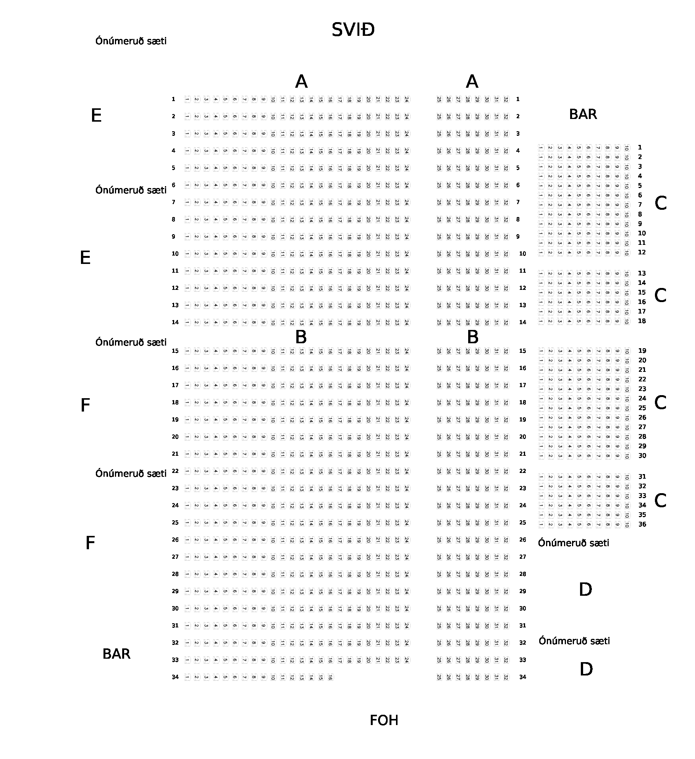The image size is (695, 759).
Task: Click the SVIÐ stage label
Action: pyautogui.click(x=353, y=30)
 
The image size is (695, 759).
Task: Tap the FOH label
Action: pyautogui.click(x=384, y=720)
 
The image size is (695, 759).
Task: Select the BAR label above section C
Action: pyautogui.click(x=583, y=114)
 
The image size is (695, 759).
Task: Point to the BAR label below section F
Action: pyautogui.click(x=116, y=654)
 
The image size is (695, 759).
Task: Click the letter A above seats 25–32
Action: pyautogui.click(x=472, y=82)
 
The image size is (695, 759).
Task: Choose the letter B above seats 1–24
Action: pyautogui.click(x=301, y=337)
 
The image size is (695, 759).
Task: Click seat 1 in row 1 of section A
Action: pyautogui.click(x=187, y=100)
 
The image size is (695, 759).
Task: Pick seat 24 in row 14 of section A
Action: pyautogui.click(x=406, y=323)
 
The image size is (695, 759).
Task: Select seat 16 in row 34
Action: pyautogui.click(x=330, y=677)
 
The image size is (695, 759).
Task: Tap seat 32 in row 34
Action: pyautogui.click(x=506, y=677)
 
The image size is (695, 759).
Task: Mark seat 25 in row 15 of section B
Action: pyautogui.click(x=439, y=351)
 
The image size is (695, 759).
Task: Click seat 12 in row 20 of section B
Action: pyautogui.click(x=292, y=437)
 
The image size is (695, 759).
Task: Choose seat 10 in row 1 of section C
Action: pyautogui.click(x=627, y=148)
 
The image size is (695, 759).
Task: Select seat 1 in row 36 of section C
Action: pyautogui.click(x=541, y=525)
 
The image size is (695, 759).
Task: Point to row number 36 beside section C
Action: pyautogui.click(x=642, y=524)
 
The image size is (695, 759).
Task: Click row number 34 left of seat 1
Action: pyautogui.click(x=175, y=677)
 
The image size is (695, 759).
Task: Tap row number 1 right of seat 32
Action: pyautogui.click(x=518, y=99)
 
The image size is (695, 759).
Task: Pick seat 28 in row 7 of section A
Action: pyautogui.click(x=468, y=203)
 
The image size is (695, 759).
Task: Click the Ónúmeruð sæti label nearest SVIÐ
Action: pyautogui.click(x=131, y=41)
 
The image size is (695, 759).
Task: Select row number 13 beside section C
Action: pyautogui.click(x=642, y=273)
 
